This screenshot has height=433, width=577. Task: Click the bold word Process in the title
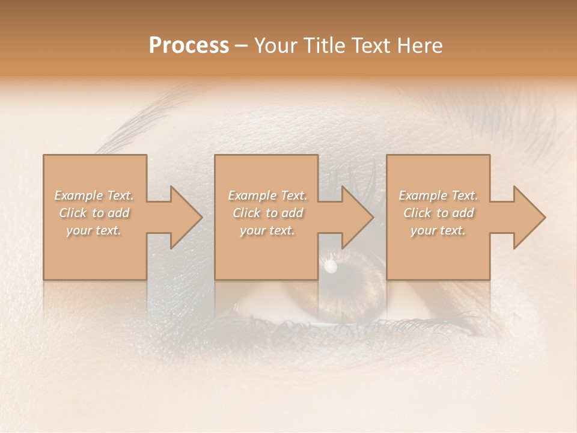point(189,46)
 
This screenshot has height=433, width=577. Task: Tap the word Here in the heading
point(420,46)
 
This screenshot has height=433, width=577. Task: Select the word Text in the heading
point(371,46)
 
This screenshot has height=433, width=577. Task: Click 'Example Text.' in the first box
point(94,195)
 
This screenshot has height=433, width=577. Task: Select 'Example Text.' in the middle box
point(267,195)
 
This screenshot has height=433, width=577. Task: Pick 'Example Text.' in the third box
point(438,195)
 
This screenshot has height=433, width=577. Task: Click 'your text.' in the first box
point(94,230)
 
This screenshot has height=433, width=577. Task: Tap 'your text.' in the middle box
point(267,230)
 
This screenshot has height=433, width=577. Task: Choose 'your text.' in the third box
point(438,230)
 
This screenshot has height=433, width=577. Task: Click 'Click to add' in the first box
point(94,213)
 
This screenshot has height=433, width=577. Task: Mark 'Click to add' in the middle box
point(267,213)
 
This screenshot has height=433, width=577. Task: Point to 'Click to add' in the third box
point(438,213)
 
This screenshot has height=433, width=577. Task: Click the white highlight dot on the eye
point(330,265)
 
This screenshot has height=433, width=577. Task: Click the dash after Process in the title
point(241,46)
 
